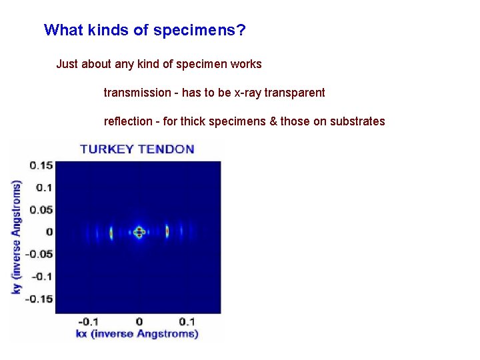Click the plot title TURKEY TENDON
coord(137,149)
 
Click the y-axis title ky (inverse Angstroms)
coord(17,237)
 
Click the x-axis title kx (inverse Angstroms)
coord(137,333)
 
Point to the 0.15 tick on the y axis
coord(41,165)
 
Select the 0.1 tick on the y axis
coord(44,187)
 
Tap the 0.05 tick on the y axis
coord(41,209)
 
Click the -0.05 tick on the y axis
coord(39,254)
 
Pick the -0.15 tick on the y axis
coord(39,298)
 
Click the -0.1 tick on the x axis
coord(89,321)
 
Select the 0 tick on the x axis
coord(139,321)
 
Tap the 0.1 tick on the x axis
coord(187,321)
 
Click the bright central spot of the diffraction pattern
coord(139,232)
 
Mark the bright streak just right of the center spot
coord(167,232)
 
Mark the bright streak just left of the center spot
coord(111,233)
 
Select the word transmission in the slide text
coord(137,93)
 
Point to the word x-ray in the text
coord(247,93)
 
